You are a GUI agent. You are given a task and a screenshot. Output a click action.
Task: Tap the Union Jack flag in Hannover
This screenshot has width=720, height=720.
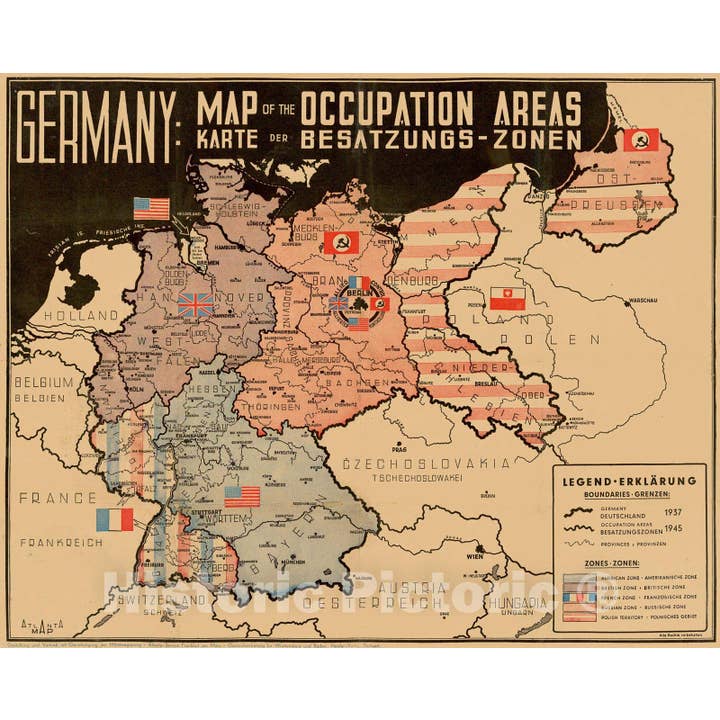[x=195, y=305]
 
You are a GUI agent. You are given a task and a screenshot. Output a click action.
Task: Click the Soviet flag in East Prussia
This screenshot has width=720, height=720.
[x=640, y=139]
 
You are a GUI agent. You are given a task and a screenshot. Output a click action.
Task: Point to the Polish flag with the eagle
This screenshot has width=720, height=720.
[x=506, y=296]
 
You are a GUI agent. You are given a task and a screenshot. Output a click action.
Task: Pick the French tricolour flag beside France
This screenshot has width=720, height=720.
[x=114, y=519]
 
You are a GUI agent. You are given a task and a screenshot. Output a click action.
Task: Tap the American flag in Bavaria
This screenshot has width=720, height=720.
[x=241, y=497]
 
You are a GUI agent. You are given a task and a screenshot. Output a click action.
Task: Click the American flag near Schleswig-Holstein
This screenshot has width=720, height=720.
[x=152, y=208]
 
